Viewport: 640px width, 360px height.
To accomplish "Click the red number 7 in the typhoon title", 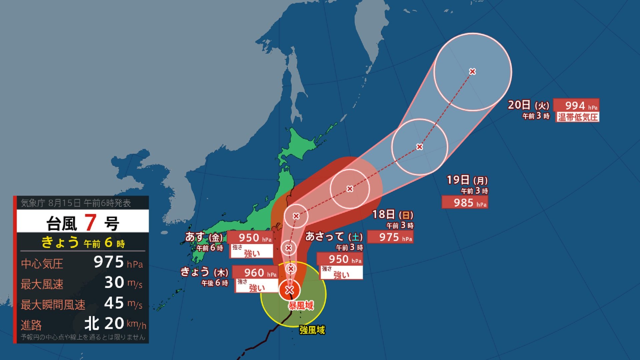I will [90, 222].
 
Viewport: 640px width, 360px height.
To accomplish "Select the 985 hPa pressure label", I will [465, 202].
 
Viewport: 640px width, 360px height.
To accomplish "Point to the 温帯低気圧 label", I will [577, 117].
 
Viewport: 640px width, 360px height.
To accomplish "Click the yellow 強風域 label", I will [312, 330].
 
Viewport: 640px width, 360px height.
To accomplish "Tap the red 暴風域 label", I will [301, 305].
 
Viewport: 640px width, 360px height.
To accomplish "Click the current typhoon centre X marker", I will [289, 290].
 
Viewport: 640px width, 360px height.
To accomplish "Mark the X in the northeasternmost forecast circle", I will [472, 71].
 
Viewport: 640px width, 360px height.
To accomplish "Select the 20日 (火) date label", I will [528, 105].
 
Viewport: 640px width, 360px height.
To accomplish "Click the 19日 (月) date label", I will [467, 180].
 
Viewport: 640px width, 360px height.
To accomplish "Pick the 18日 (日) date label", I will [393, 215].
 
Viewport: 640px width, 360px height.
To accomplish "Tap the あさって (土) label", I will [334, 237].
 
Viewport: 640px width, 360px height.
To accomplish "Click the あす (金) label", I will [204, 237].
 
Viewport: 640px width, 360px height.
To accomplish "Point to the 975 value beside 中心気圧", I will [109, 262].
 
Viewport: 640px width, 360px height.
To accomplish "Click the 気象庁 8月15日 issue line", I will [76, 203].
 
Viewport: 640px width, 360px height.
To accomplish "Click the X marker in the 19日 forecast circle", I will [420, 147].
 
